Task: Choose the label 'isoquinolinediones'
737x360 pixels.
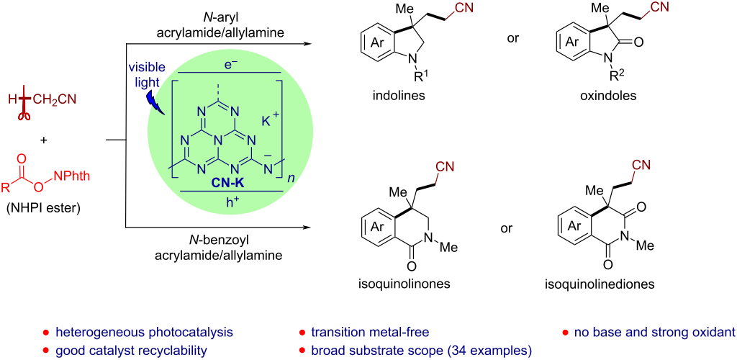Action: click(611, 284)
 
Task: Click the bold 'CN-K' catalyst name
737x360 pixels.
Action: click(228, 184)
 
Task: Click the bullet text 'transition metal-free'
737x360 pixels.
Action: click(370, 333)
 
